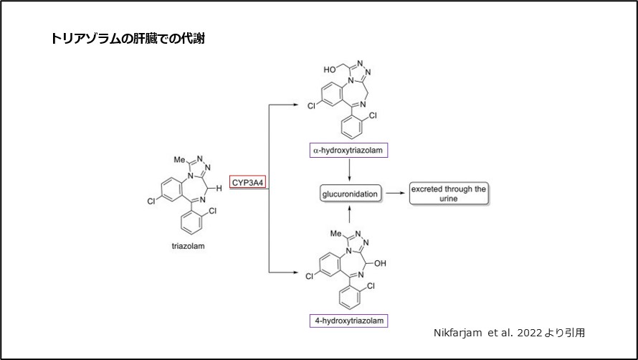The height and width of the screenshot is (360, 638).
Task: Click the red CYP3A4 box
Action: tap(248, 183)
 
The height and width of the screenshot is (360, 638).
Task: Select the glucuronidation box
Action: tap(348, 193)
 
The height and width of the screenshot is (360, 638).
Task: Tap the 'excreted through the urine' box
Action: tap(448, 194)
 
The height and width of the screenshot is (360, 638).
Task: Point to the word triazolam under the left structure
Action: tap(188, 246)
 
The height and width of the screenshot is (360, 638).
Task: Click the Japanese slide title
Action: tap(128, 39)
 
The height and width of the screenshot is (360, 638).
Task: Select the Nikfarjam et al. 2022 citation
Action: tap(509, 333)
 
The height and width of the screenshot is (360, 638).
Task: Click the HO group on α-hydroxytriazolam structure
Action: tap(329, 70)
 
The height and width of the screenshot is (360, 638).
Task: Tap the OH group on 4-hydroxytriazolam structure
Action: tap(380, 263)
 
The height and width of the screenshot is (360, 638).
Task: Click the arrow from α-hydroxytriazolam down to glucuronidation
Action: tap(348, 171)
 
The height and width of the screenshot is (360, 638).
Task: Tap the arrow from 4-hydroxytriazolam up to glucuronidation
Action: tap(348, 214)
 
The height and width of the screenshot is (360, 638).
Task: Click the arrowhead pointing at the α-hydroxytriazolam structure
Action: tap(295, 105)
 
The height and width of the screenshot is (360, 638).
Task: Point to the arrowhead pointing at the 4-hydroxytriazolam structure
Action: tap(295, 273)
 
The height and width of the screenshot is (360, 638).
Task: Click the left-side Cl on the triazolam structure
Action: tap(151, 202)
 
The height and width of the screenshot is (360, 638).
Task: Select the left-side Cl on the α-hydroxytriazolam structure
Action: tap(310, 105)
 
